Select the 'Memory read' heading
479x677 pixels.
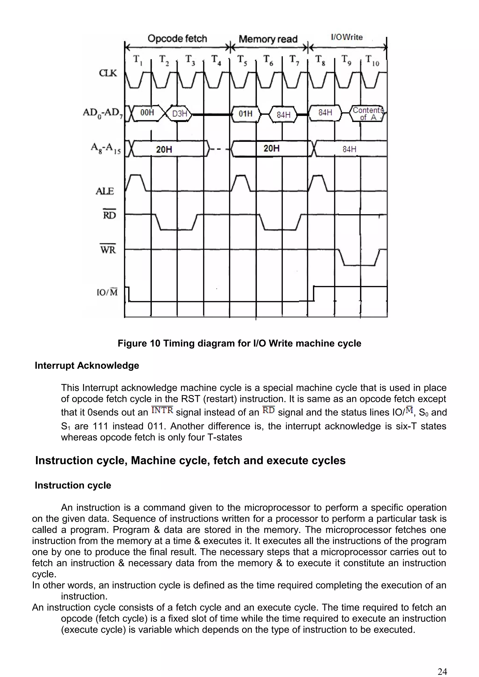coord(268,39)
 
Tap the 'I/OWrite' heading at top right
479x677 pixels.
coord(347,37)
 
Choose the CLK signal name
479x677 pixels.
coord(108,73)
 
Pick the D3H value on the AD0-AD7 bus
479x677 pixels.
coord(179,114)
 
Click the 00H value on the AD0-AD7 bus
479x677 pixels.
coord(147,113)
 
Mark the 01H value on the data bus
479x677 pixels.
coord(246,114)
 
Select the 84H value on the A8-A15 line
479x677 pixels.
coord(349,149)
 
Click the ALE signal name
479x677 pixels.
coord(105,191)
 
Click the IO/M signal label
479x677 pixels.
coord(107,292)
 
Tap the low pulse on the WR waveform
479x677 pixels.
coord(360,264)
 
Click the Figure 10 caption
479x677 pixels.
coord(239,343)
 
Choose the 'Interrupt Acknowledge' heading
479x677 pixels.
coord(87,366)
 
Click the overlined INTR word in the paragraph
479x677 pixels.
coord(162,410)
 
